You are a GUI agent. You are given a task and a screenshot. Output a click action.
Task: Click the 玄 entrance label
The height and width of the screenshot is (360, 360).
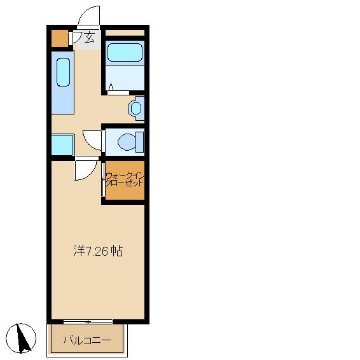click(89, 38)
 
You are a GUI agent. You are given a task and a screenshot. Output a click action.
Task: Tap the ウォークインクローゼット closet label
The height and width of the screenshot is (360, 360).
click(125, 179)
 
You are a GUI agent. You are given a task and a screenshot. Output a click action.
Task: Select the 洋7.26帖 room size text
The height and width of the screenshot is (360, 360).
click(98, 251)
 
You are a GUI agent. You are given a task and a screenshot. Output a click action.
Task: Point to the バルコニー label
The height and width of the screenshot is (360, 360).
click(87, 340)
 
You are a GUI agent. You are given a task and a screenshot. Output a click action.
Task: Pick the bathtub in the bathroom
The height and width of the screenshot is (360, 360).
click(125, 52)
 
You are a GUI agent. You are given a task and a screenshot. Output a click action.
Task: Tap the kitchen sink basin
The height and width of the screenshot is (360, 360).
click(63, 72)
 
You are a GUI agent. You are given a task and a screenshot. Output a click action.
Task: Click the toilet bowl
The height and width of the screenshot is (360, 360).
click(127, 142)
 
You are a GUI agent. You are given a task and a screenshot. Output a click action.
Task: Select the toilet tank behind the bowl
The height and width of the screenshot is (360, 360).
click(139, 142)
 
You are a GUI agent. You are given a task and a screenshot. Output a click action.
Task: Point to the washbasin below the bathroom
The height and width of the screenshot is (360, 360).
click(136, 108)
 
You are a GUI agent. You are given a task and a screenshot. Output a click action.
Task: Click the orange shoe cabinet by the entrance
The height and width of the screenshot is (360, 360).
click(59, 38)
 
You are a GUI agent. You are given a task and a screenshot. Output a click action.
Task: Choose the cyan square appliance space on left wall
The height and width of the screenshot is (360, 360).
click(62, 145)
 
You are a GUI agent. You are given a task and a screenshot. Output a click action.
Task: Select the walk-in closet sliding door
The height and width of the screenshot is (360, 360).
click(103, 179)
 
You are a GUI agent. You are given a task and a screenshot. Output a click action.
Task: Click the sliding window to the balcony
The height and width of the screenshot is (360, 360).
click(88, 322)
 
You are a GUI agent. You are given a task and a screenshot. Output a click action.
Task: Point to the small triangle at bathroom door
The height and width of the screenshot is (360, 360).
click(111, 87)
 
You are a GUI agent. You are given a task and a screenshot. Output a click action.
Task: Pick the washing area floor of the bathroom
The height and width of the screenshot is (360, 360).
click(125, 78)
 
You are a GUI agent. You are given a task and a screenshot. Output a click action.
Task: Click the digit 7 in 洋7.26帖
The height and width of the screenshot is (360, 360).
click(88, 251)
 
